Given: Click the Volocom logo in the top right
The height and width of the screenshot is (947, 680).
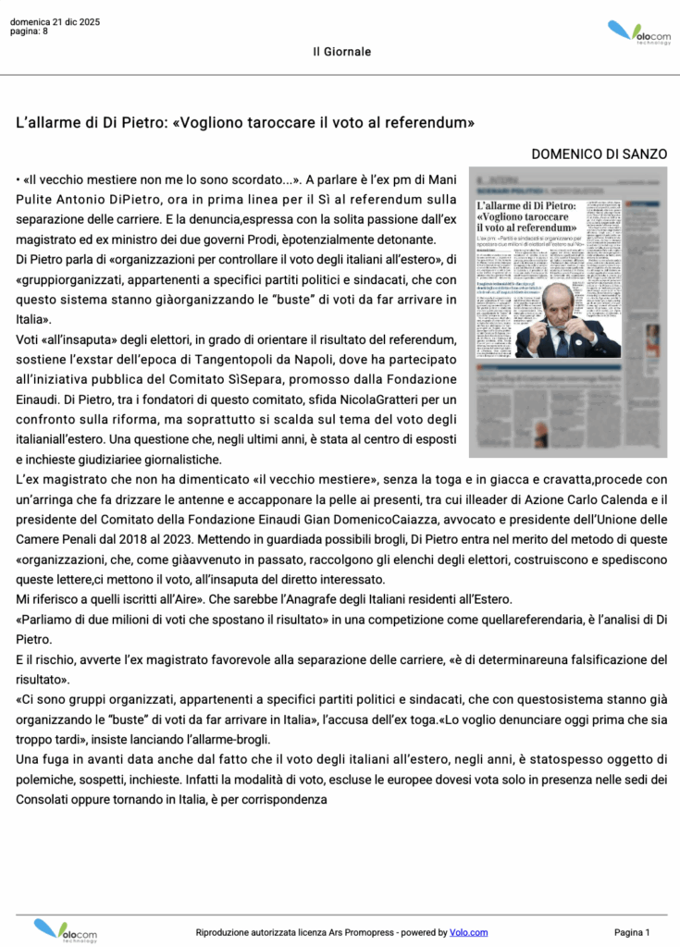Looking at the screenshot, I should (x=639, y=34).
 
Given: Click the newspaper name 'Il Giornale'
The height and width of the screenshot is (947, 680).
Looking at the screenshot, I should (x=341, y=52).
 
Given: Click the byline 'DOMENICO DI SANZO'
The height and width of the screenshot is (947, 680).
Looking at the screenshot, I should (x=600, y=154).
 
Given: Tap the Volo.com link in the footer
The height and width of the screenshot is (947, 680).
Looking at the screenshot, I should (x=468, y=932).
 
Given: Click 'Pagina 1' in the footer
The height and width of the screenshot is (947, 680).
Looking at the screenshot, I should (x=632, y=932).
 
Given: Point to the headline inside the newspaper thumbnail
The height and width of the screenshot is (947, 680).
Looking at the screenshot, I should (x=525, y=215).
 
